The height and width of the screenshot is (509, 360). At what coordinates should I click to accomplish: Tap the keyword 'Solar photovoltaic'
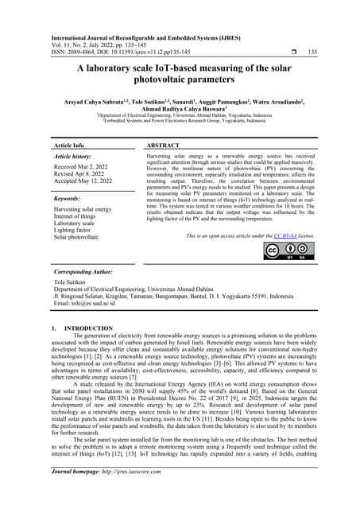tap(81, 237)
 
